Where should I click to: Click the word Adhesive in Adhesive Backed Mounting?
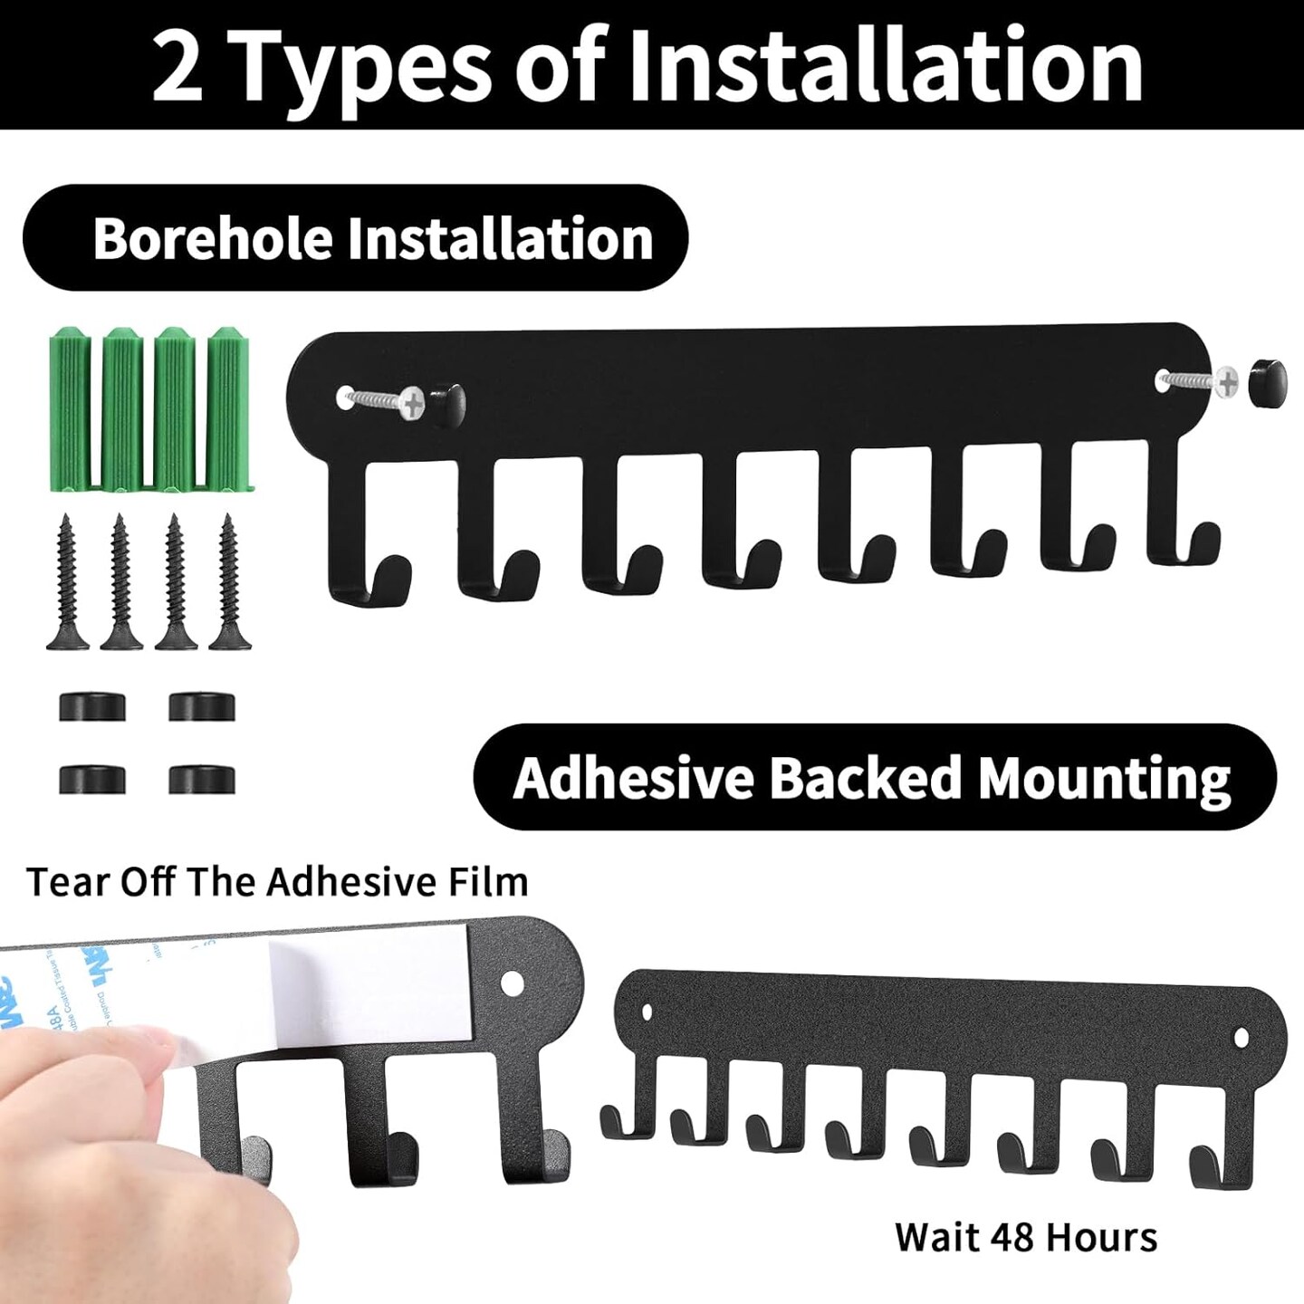[x=633, y=778]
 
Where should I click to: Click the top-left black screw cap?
[x=92, y=706]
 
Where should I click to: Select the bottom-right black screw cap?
[x=202, y=779]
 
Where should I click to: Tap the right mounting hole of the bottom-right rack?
[x=1241, y=1036]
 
